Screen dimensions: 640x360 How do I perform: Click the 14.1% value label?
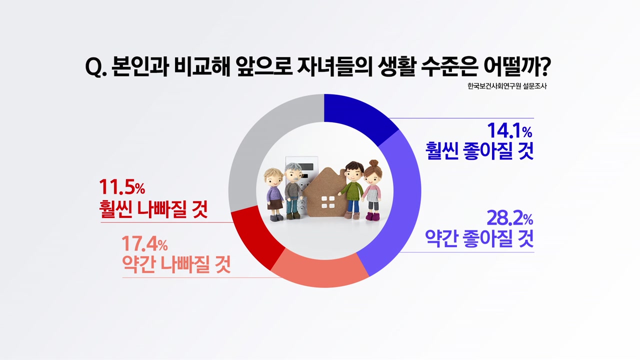509,130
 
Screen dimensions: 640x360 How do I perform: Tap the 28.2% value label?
509,218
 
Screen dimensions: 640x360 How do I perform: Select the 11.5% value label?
122,187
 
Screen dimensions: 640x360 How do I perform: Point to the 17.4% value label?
144,243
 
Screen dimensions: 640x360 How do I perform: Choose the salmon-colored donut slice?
320,270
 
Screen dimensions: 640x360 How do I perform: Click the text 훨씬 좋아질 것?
479,151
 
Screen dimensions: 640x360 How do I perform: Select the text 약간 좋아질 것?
479,238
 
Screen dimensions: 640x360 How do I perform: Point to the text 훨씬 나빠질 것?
153,209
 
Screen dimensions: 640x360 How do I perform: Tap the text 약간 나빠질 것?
176,264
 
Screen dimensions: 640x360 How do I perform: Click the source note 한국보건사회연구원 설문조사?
507,86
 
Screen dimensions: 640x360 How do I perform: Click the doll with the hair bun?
372,190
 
